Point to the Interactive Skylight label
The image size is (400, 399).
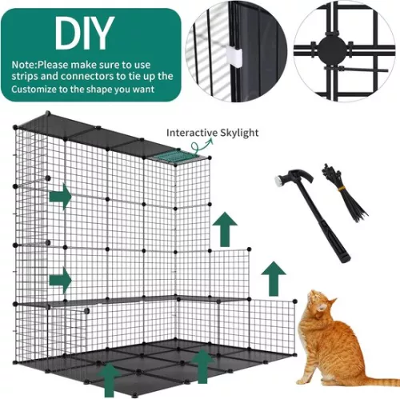pyautogui.click(x=211, y=133)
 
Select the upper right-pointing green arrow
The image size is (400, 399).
pyautogui.click(x=60, y=195)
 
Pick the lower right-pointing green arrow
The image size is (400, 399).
pyautogui.click(x=60, y=280)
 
